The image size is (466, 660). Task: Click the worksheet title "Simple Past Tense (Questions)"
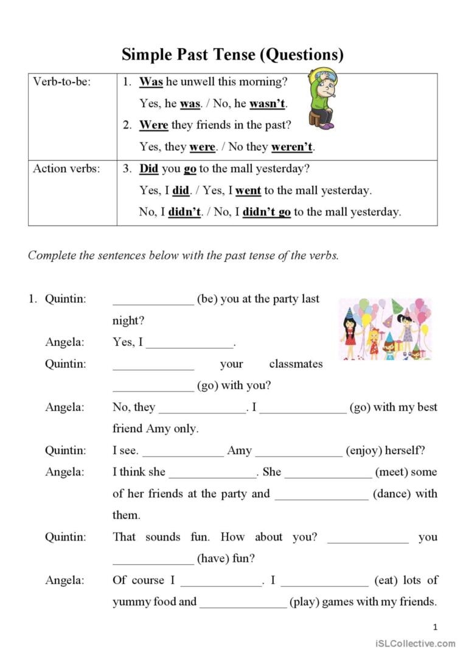coord(232,55)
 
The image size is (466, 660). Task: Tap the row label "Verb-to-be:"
coord(61,82)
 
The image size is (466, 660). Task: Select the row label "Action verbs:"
coord(66,169)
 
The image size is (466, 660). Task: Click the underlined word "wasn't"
coord(267,104)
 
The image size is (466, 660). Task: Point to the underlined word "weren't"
coord(293,147)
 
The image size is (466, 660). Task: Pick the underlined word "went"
coord(248,191)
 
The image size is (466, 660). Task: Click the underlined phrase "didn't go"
coord(266,212)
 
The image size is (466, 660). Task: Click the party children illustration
coord(384,329)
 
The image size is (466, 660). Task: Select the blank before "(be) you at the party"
coord(153,300)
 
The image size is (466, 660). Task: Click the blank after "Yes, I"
coord(190,343)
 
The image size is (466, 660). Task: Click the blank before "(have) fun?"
coord(153,558)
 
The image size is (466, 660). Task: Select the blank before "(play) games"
coord(243,602)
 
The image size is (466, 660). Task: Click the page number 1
coord(435,627)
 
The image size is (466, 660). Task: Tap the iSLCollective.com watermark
coord(415,644)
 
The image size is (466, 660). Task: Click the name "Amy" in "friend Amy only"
coord(158,429)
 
